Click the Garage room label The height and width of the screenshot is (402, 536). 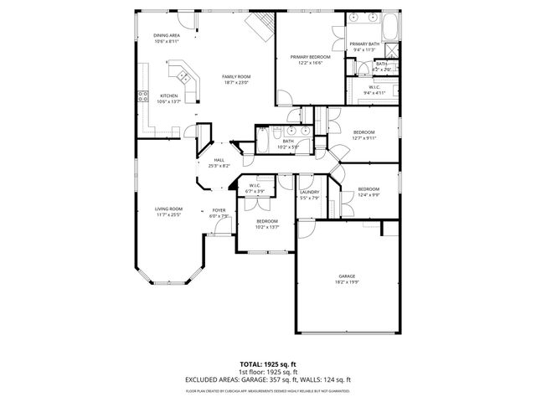[x=348, y=275]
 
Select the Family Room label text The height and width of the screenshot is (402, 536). [x=237, y=76]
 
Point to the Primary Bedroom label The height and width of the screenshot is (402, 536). [x=310, y=57]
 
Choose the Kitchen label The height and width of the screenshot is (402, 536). [x=169, y=95]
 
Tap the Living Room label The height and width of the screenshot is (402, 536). [x=168, y=209]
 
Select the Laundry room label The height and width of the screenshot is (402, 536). [x=308, y=193]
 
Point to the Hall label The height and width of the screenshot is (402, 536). [x=219, y=159]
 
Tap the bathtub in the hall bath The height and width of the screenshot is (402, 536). [x=262, y=141]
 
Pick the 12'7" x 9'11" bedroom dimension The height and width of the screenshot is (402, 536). [x=363, y=138]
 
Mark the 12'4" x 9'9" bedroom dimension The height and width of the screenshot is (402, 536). [x=368, y=194]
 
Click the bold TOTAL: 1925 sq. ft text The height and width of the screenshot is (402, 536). [x=268, y=364]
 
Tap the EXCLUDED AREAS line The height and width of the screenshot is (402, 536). [x=268, y=379]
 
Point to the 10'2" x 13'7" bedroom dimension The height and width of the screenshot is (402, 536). [x=267, y=226]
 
